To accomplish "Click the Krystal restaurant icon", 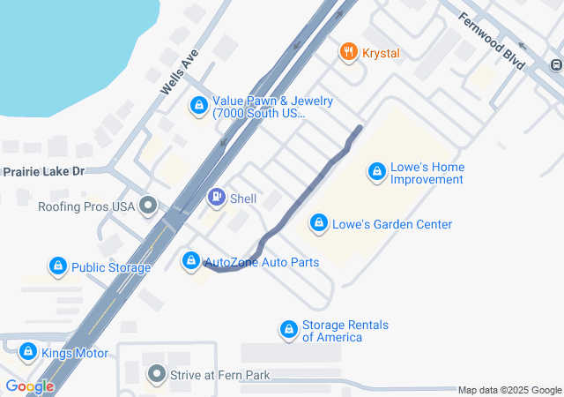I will [349, 53].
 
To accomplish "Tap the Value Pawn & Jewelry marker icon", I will [199, 108].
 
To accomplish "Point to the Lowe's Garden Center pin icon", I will [319, 224].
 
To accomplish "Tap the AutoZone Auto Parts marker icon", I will [190, 261].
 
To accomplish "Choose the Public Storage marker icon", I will [58, 266].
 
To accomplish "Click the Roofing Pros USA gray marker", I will [148, 206].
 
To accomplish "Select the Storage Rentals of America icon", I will [288, 331].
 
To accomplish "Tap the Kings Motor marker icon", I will [28, 353].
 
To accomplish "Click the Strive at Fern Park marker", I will [157, 375].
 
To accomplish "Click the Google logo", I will [29, 386].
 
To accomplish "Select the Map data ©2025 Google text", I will [509, 390].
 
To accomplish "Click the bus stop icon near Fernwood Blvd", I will [556, 64].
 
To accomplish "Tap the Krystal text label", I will [381, 53].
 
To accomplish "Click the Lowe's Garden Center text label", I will [392, 224].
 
